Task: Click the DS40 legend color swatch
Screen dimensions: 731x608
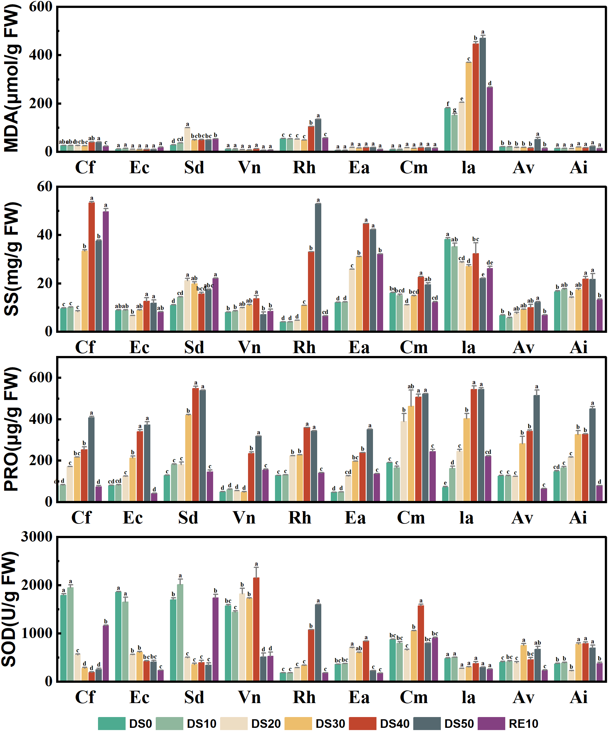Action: pos(362,723)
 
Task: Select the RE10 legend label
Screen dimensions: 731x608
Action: pos(523,724)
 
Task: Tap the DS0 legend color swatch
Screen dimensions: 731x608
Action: pos(111,723)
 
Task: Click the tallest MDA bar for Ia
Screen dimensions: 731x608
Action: pos(482,94)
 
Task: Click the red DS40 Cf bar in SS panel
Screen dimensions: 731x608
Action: pos(92,266)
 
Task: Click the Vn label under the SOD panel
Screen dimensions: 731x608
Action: pos(249,697)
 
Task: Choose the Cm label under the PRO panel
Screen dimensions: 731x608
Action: pos(411,517)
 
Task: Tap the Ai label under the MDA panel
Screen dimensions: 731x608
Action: pos(579,168)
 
